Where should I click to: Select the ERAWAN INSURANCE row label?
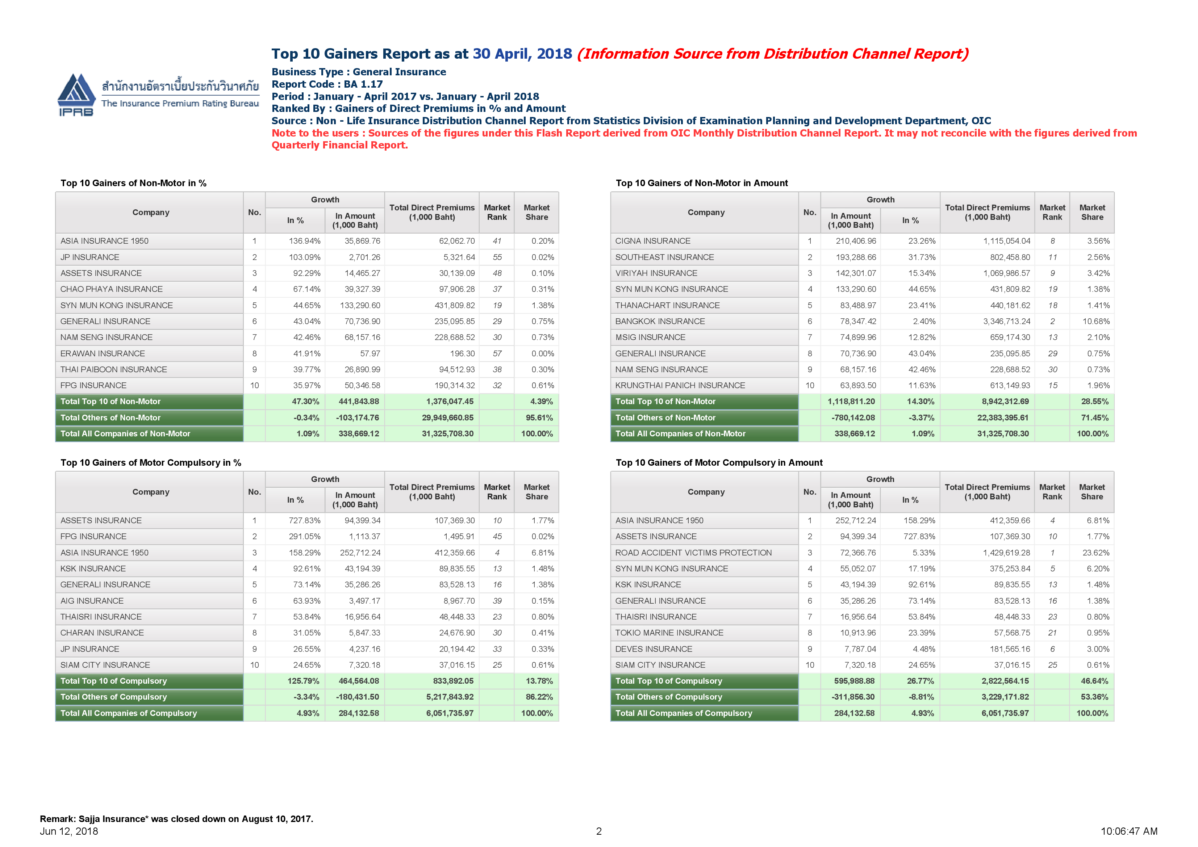[103, 354]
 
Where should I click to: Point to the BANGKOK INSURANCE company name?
[660, 321]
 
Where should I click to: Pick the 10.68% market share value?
[1096, 321]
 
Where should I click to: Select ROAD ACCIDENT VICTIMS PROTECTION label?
[693, 553]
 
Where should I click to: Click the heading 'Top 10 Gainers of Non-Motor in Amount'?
[702, 183]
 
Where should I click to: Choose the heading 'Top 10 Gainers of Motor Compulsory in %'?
[151, 463]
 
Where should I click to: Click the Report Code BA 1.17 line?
[327, 84]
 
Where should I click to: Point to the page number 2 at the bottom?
[599, 831]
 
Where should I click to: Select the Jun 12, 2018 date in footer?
[69, 831]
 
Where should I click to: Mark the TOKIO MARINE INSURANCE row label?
[669, 633]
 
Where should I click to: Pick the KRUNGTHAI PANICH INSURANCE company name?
[680, 385]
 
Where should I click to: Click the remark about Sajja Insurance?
[176, 819]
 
